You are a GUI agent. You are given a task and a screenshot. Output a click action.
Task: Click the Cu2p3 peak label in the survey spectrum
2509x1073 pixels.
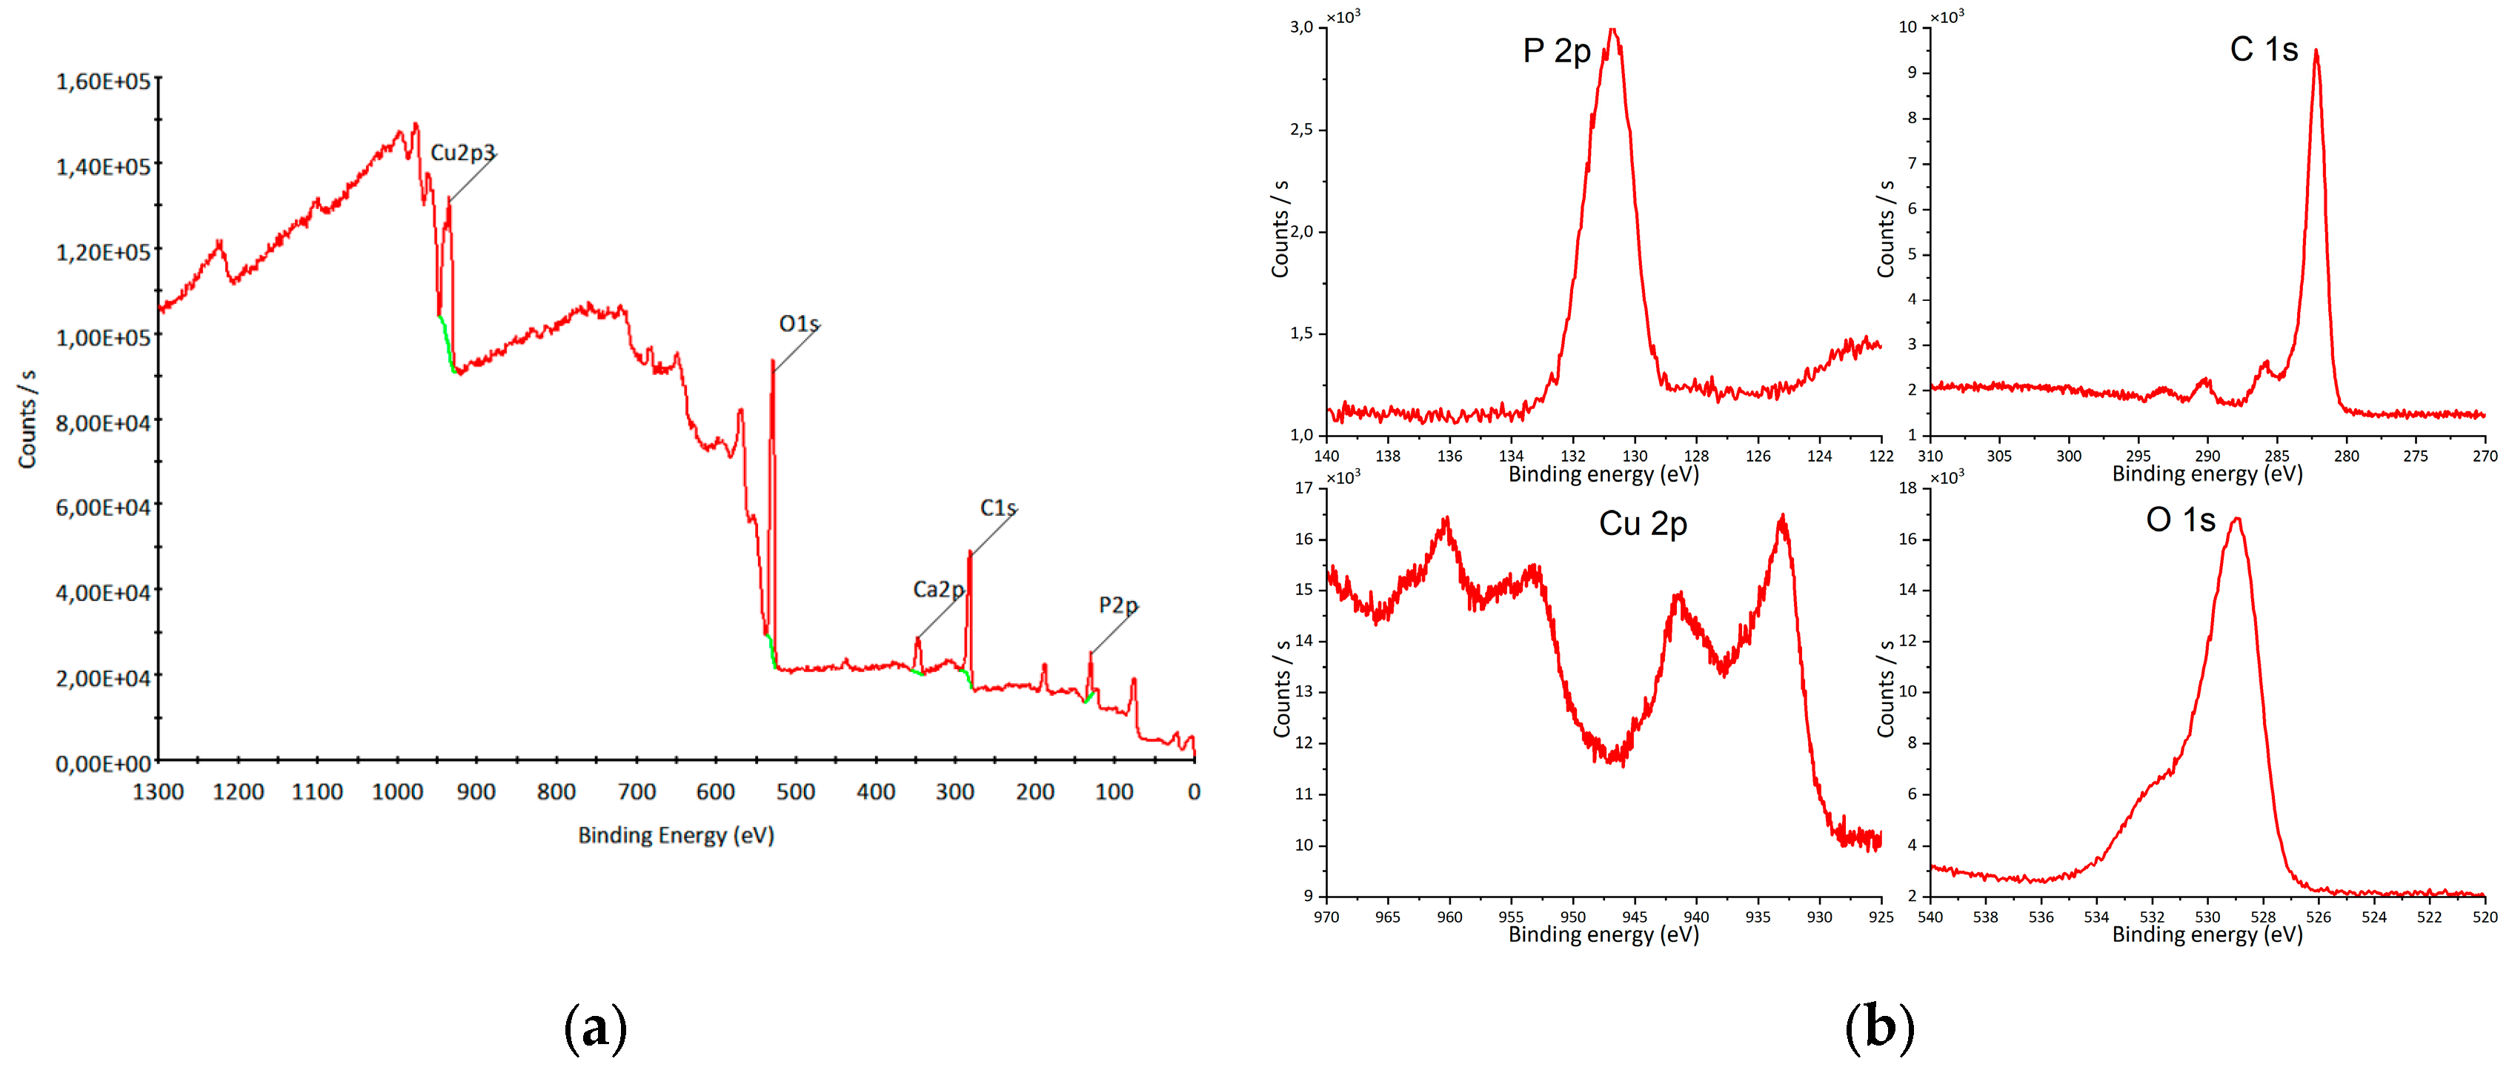tap(462, 153)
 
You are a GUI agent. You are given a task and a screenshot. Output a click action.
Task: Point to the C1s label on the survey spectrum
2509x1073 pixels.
tap(998, 508)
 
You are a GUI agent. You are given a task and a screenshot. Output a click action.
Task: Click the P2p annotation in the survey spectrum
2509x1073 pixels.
tap(1118, 605)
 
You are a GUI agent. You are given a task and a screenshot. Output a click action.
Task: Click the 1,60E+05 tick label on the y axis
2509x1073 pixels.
tap(103, 82)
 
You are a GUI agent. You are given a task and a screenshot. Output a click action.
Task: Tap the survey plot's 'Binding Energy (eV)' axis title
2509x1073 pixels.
tap(676, 835)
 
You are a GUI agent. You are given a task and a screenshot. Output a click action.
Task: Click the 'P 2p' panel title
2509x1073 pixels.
tap(1556, 50)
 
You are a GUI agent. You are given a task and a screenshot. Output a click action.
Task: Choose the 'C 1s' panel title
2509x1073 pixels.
tap(2264, 49)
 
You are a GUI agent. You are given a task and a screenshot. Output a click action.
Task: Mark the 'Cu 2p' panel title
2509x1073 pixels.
tap(1643, 524)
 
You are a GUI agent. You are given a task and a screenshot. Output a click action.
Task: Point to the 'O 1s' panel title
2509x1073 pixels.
tap(2181, 520)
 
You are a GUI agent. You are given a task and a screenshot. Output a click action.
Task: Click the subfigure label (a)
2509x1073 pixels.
tap(595, 1029)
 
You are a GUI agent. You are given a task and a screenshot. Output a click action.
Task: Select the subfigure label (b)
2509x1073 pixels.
tap(1880, 1029)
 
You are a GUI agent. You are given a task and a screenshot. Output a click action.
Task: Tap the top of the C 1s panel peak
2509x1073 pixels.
tap(2316, 52)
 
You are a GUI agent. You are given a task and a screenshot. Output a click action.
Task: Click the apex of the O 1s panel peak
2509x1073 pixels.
tap(2236, 519)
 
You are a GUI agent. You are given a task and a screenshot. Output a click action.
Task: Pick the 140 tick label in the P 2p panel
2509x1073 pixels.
tap(1326, 456)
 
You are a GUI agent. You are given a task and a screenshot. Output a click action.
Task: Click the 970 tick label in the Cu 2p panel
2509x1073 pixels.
tap(1326, 917)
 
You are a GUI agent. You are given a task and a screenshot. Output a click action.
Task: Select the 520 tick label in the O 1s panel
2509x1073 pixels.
tap(2485, 917)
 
